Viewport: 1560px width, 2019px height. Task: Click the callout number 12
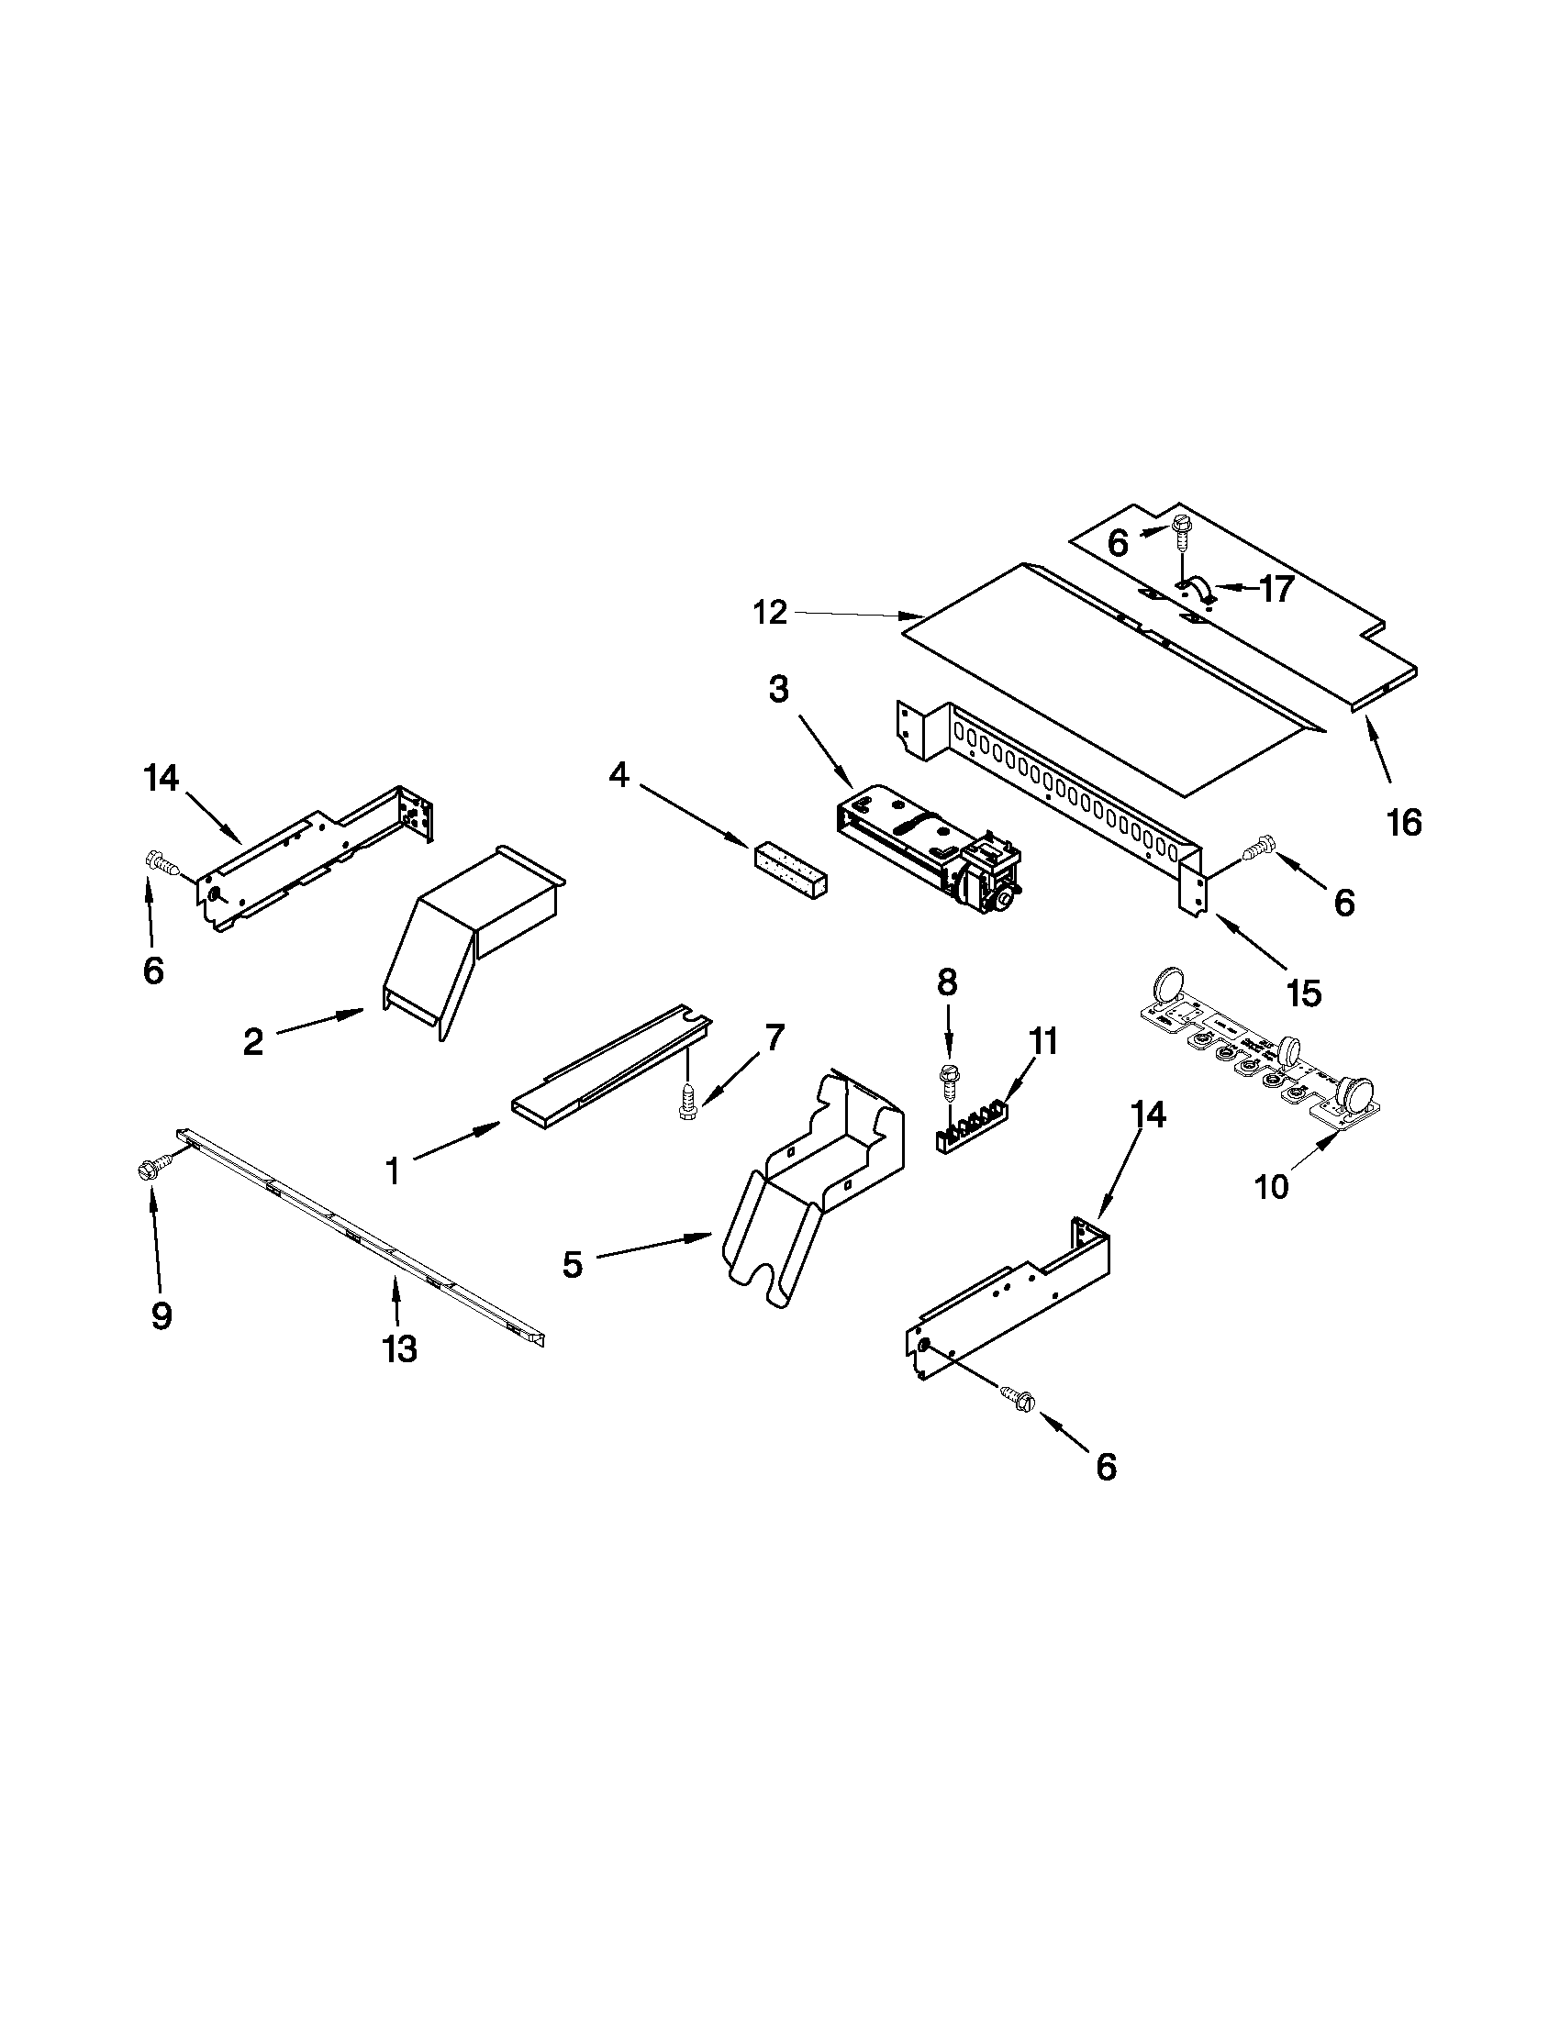769,612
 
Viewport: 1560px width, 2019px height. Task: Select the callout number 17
1276,589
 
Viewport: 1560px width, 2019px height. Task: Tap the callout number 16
1404,821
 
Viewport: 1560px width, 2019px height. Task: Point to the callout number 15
1303,993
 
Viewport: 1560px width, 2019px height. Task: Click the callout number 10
1273,1186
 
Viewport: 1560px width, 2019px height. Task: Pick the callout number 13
399,1349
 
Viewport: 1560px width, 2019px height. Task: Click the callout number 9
161,1315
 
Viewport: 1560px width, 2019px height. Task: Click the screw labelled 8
947,1079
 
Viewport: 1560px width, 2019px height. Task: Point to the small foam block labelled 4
791,866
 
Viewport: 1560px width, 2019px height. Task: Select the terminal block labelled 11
971,1121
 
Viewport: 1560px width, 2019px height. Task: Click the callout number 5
573,1264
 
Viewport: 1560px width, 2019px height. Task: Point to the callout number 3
778,689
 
